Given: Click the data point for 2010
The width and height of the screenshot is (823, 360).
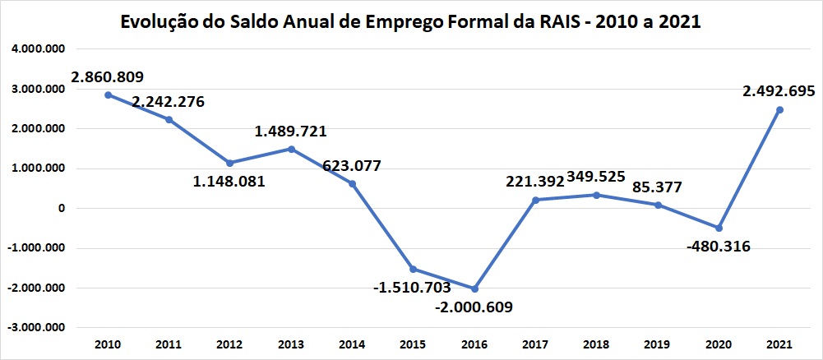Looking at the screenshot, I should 108,95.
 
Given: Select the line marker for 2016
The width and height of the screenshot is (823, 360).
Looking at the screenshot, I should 475,288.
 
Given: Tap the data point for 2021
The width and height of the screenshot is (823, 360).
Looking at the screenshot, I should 779,109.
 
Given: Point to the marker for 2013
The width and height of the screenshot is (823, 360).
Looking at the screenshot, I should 291,149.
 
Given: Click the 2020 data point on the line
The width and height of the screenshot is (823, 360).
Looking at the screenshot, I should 719,228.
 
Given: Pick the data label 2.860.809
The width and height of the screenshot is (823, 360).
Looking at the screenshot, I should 108,77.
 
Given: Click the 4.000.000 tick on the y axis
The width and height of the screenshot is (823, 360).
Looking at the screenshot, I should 38,49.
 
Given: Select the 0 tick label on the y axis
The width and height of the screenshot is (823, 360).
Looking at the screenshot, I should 60,209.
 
